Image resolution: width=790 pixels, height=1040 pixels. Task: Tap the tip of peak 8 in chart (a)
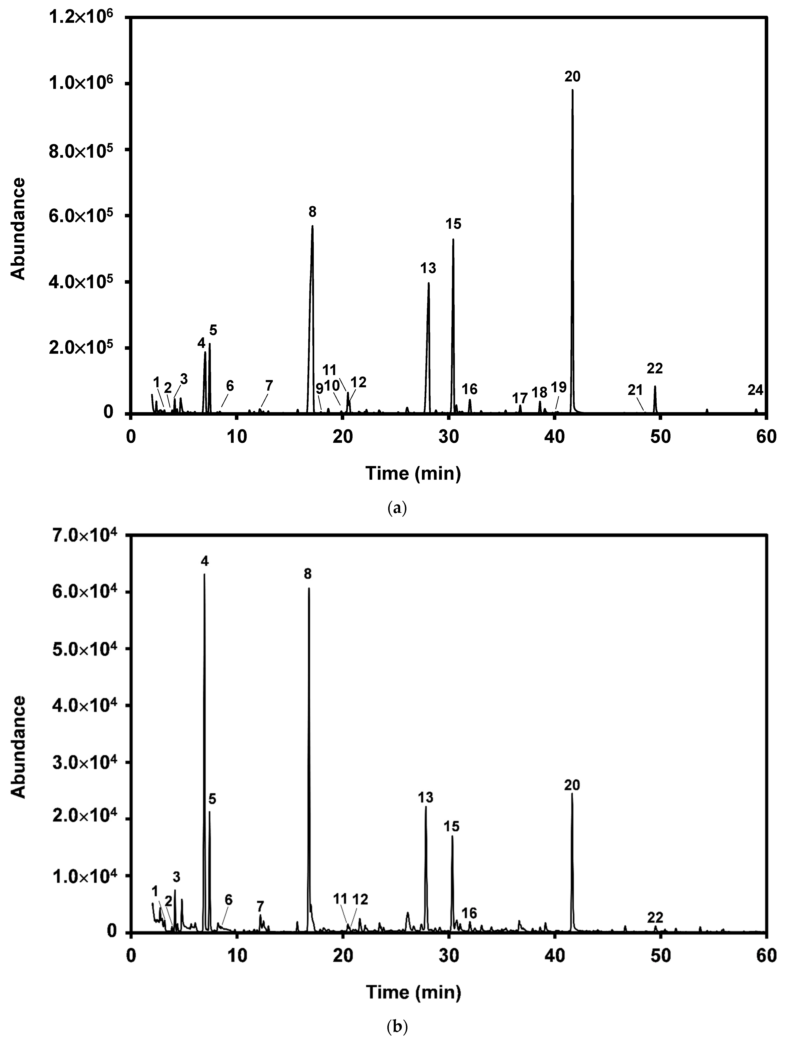[x=312, y=226]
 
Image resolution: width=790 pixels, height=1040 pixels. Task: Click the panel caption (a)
[x=395, y=508]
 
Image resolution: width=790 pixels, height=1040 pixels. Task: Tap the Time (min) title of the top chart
[x=413, y=473]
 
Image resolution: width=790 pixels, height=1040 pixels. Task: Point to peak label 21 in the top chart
[x=635, y=390]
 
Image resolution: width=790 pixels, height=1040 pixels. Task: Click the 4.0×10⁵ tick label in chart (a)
[x=86, y=282]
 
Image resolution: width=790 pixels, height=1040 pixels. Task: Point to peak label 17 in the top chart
[x=520, y=398]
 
